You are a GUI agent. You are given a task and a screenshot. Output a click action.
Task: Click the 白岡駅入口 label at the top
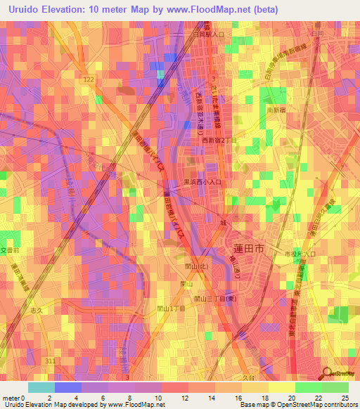207,34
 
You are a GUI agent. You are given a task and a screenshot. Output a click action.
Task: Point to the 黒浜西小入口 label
203,181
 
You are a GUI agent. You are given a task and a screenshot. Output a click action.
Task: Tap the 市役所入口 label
294,252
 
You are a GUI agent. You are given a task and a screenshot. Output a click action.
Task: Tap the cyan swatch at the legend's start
41,387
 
